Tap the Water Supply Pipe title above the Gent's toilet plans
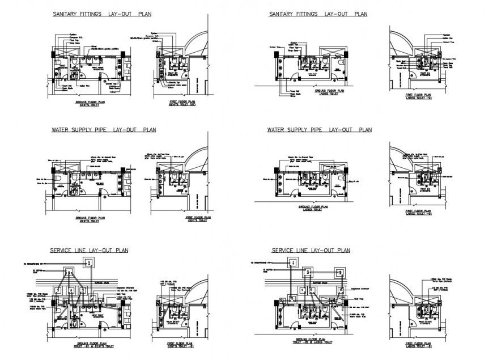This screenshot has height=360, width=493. coord(103,129)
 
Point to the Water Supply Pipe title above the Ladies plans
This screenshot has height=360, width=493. coord(319,129)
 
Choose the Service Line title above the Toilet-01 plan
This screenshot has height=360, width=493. coord(89,249)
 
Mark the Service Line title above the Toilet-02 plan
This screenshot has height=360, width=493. coord(311,249)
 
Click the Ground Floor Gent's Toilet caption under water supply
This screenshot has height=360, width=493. coord(90,219)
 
